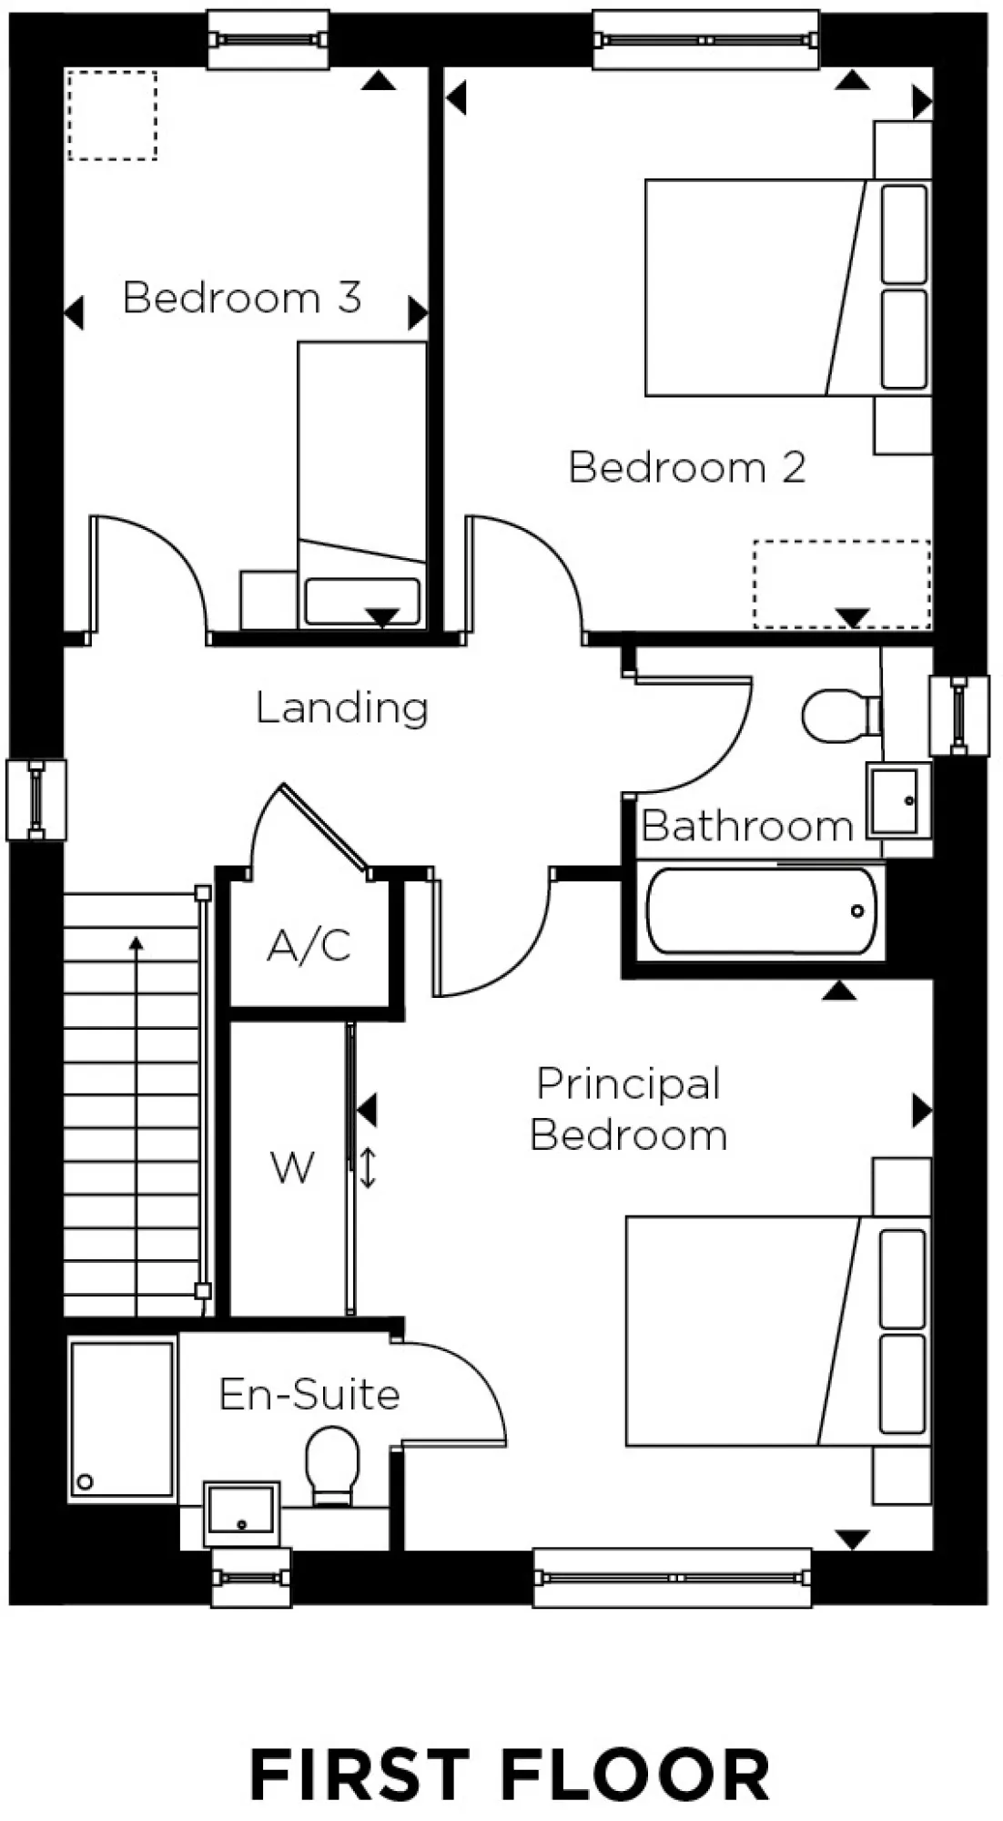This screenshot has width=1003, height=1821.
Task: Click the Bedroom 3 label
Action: [x=242, y=298]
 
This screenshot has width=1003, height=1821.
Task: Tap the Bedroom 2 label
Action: [x=687, y=467]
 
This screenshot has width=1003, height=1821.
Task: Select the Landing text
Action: [x=341, y=707]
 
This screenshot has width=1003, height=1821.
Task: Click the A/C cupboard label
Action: [x=309, y=946]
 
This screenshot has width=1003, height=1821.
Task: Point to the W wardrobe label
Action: [x=292, y=1167]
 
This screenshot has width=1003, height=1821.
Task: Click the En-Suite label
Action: [x=309, y=1394]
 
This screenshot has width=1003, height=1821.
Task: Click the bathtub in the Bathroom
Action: [x=760, y=910]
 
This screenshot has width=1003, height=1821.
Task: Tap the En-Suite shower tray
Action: [x=122, y=1420]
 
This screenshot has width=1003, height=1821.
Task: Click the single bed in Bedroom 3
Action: [x=362, y=483]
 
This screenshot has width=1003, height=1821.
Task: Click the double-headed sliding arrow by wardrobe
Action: [x=368, y=1168]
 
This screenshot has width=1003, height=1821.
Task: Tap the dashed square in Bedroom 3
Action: [x=112, y=116]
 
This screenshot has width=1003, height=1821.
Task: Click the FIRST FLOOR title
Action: [x=510, y=1774]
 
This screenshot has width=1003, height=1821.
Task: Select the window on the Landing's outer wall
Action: [x=36, y=799]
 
